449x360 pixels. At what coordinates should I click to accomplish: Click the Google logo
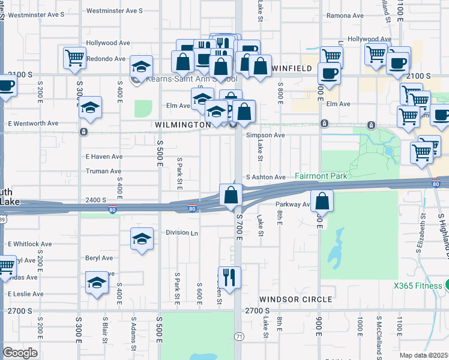(20, 353)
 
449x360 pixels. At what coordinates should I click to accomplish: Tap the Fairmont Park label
(321, 176)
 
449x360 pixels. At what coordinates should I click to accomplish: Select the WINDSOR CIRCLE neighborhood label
(295, 299)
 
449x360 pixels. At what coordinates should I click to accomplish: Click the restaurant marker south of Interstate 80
(229, 277)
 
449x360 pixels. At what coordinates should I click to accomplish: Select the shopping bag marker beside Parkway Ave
(322, 201)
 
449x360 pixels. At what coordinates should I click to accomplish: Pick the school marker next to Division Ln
(141, 238)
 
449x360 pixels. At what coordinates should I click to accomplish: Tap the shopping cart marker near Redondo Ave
(74, 58)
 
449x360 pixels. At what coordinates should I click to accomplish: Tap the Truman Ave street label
(103, 171)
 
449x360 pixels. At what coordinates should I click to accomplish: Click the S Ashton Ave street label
(266, 177)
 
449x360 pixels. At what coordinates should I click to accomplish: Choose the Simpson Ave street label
(265, 136)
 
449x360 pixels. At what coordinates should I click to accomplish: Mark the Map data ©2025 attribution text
(423, 355)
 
